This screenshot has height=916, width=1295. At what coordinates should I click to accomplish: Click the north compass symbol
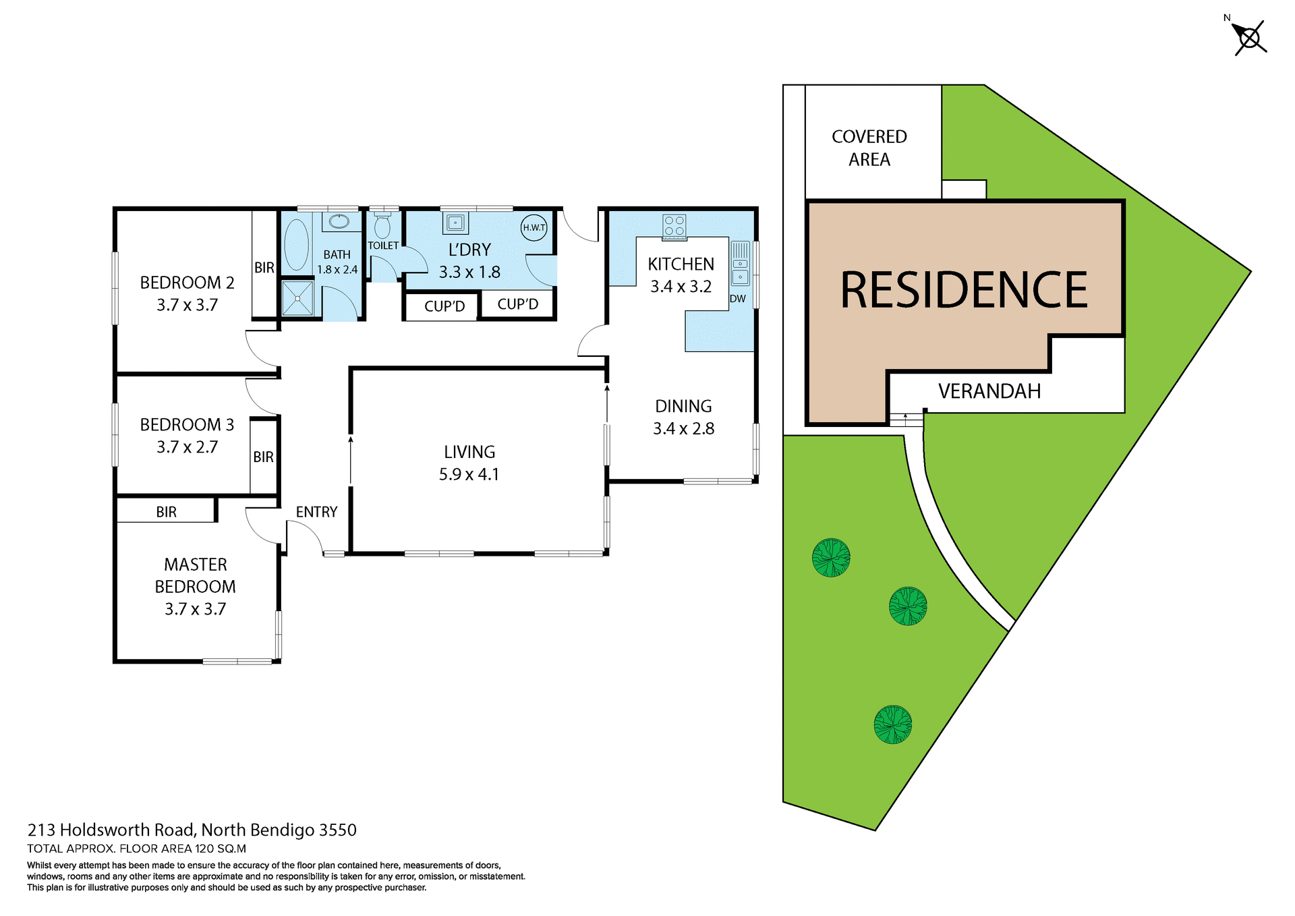(x=1249, y=38)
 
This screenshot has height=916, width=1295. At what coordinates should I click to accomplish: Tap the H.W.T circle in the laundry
(x=534, y=227)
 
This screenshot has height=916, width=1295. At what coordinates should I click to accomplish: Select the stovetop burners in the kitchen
(x=674, y=225)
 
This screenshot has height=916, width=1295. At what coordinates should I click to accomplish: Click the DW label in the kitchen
(x=738, y=298)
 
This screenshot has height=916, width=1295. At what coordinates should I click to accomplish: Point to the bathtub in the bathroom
(x=296, y=244)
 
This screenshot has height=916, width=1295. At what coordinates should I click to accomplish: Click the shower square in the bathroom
(x=297, y=298)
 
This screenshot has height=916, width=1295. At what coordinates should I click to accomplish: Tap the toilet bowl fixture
(x=382, y=226)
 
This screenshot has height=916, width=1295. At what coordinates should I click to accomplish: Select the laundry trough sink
(x=455, y=223)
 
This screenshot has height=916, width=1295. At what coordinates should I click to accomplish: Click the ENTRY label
(x=316, y=512)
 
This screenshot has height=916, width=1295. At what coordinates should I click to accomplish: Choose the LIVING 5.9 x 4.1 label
(x=469, y=463)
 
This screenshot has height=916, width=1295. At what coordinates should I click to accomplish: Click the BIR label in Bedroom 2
(x=264, y=268)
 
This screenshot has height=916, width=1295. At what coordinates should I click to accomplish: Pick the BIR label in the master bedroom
(x=166, y=512)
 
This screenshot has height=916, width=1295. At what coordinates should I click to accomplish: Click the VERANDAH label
(x=989, y=391)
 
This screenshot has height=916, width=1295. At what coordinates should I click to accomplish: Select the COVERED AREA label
(x=869, y=148)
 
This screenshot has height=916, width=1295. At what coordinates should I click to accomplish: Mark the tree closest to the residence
(x=831, y=557)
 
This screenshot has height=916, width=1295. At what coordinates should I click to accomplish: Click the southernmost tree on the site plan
(x=892, y=724)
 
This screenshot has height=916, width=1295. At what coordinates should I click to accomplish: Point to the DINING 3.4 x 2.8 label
(x=683, y=417)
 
